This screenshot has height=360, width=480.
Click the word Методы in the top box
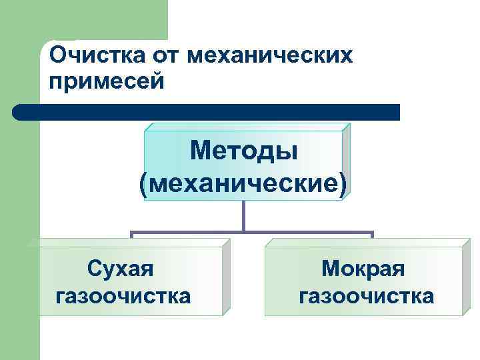coord(243,151)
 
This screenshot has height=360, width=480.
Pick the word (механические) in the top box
coord(243,182)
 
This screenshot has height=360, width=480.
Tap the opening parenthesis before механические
coord(145,183)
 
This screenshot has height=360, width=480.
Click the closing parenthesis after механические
coord(343,183)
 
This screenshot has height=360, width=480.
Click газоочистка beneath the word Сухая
coord(124,295)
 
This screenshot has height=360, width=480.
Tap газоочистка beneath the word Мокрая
coord(366,295)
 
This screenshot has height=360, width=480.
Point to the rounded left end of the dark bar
coord(18,112)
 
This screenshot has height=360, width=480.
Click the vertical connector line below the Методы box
coord(243,217)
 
